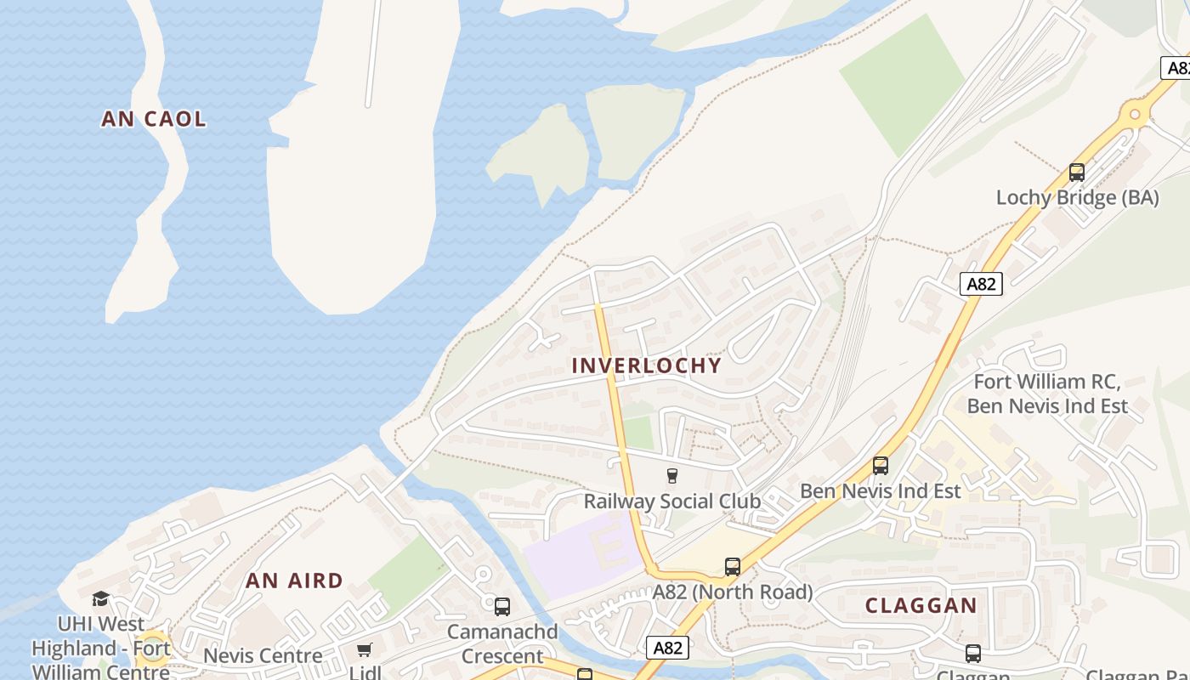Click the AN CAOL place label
click(154, 119)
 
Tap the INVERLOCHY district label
click(647, 365)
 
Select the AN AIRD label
click(295, 581)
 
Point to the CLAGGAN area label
click(921, 606)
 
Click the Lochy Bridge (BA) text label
click(1077, 198)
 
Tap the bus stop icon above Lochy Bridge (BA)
click(1077, 173)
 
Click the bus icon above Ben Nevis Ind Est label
click(881, 466)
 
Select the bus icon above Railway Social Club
click(672, 475)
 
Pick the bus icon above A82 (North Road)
click(733, 566)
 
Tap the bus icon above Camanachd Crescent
click(502, 607)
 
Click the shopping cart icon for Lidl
click(365, 650)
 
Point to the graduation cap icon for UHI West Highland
click(101, 598)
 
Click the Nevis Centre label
click(263, 656)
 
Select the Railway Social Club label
click(671, 501)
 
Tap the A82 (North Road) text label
click(733, 592)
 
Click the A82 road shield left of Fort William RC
click(982, 284)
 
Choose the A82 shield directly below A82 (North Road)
click(667, 648)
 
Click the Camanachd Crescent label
click(502, 644)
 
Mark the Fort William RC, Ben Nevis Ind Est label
click(1047, 394)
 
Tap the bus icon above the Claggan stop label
click(973, 654)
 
